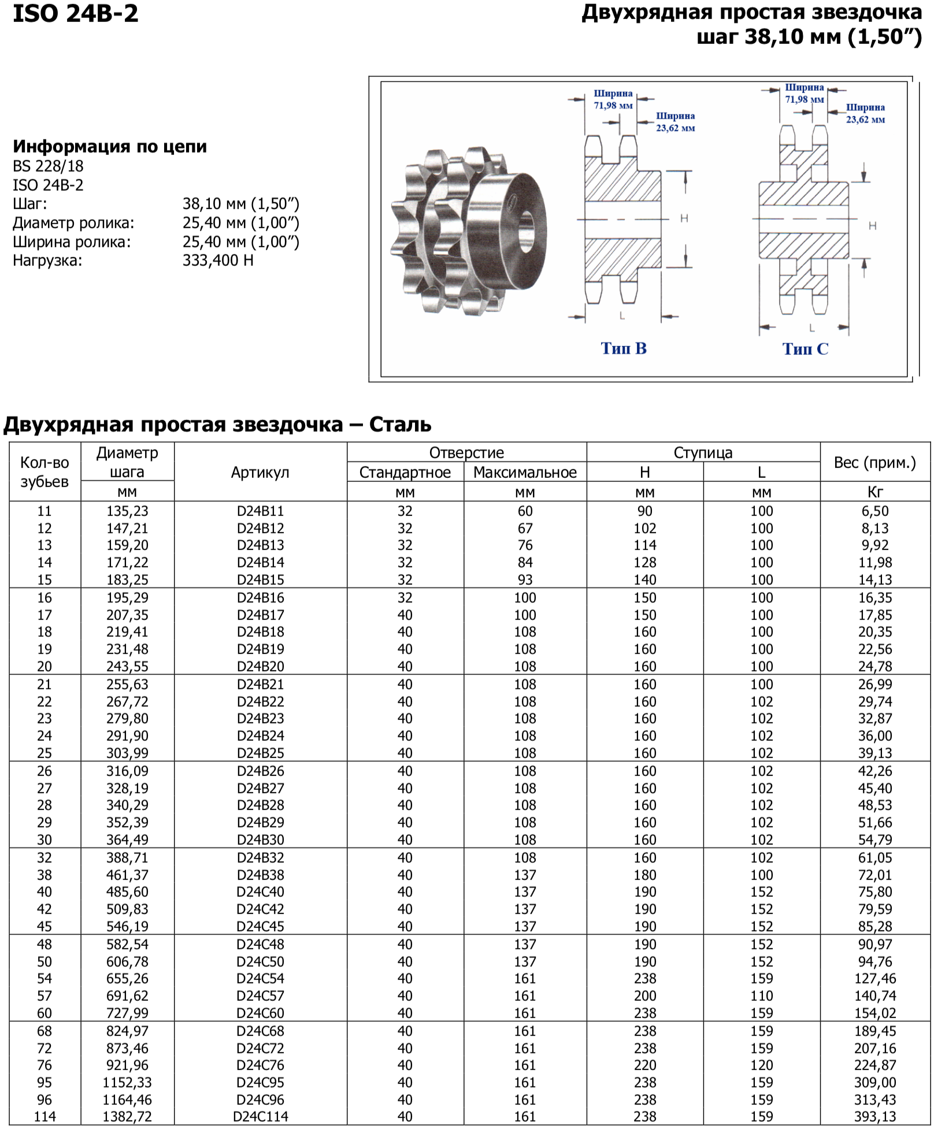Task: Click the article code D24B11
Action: coord(260,511)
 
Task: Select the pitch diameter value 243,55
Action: coord(127,667)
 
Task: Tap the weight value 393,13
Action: coord(874,1117)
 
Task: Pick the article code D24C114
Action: coord(260,1117)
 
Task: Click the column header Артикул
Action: coord(260,473)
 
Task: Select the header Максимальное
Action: coord(525,473)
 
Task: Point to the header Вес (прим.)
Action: coord(874,463)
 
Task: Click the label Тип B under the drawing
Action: coord(623,348)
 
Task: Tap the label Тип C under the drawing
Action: coord(805,349)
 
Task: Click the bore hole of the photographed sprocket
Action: coord(527,231)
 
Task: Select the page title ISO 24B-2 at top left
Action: coord(76,14)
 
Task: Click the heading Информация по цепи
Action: coord(110,147)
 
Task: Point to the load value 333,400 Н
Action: coord(218,261)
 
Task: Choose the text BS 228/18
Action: coord(48,166)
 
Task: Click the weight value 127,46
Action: coord(874,979)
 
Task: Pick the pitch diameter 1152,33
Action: coord(127,1083)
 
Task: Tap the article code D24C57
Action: coord(260,996)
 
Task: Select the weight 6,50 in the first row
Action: coord(874,511)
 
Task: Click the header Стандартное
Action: coord(405,473)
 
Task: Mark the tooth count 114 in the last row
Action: coord(45,1117)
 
